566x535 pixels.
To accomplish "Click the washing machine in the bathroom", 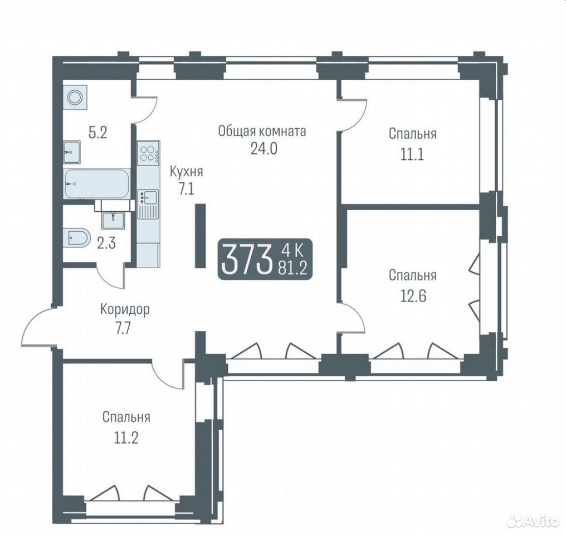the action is click(x=75, y=97).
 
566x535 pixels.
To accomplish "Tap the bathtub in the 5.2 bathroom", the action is click(x=97, y=183).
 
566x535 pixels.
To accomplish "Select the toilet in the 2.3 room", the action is click(x=77, y=238).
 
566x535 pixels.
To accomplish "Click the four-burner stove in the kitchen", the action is click(x=148, y=153).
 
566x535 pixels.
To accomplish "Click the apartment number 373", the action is click(x=247, y=260).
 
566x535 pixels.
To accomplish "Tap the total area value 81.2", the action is click(x=292, y=269).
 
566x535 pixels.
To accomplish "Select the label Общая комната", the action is click(x=262, y=132).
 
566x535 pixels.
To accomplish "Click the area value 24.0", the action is click(x=264, y=148).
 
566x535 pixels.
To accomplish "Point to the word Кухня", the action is click(x=186, y=172).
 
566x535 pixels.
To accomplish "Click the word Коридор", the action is click(x=125, y=309).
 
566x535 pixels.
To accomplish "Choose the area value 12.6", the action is click(x=413, y=296).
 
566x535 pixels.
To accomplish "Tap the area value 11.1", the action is click(x=413, y=154).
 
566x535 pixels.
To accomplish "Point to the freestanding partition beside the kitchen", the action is click(x=200, y=236).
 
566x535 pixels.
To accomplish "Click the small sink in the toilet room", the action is click(x=113, y=220).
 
